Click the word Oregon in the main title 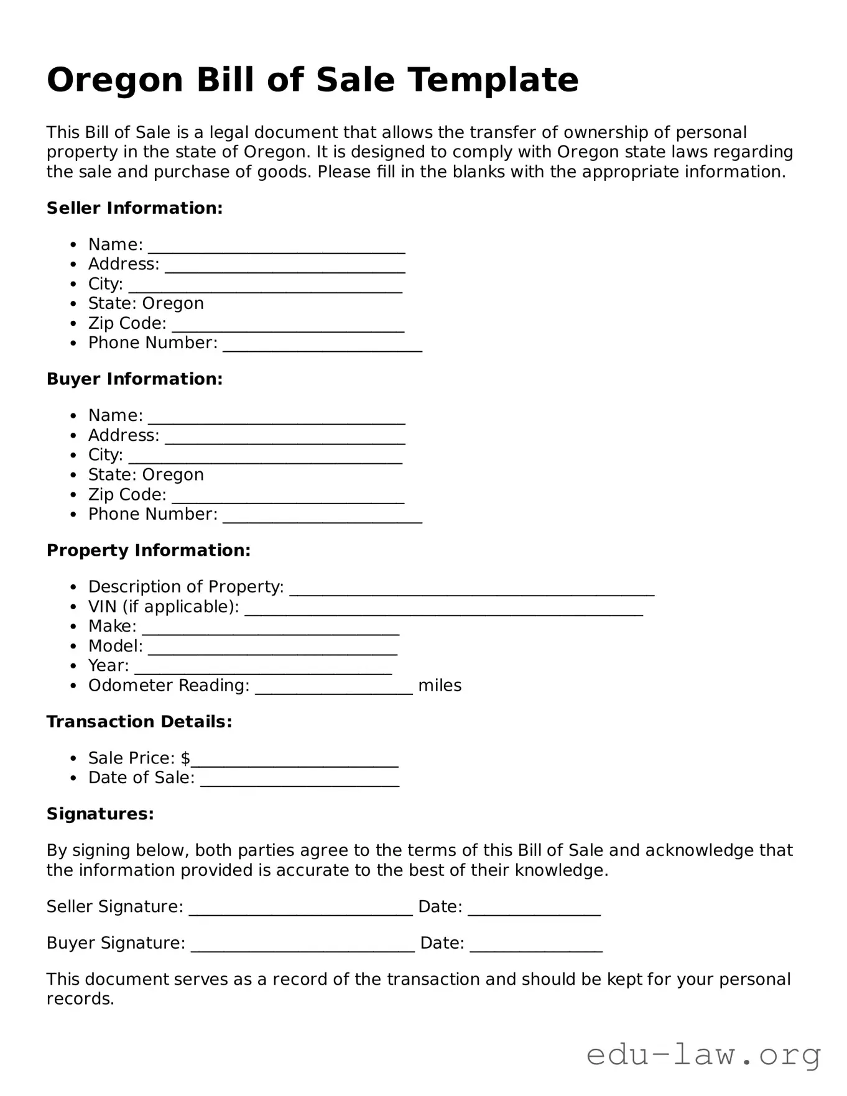115,81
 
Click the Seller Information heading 134,208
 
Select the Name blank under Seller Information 276,247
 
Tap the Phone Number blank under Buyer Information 322,517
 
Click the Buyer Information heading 134,379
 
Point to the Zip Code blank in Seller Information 288,326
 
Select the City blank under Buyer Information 266,457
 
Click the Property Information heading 148,551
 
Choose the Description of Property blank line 471,589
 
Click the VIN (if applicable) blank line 443,609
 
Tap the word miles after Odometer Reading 440,686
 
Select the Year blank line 263,668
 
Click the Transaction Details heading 139,722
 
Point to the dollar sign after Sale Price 185,758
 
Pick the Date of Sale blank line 299,780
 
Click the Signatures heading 100,814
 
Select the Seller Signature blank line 300,909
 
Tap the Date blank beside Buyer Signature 536,946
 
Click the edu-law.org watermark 703,1056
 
